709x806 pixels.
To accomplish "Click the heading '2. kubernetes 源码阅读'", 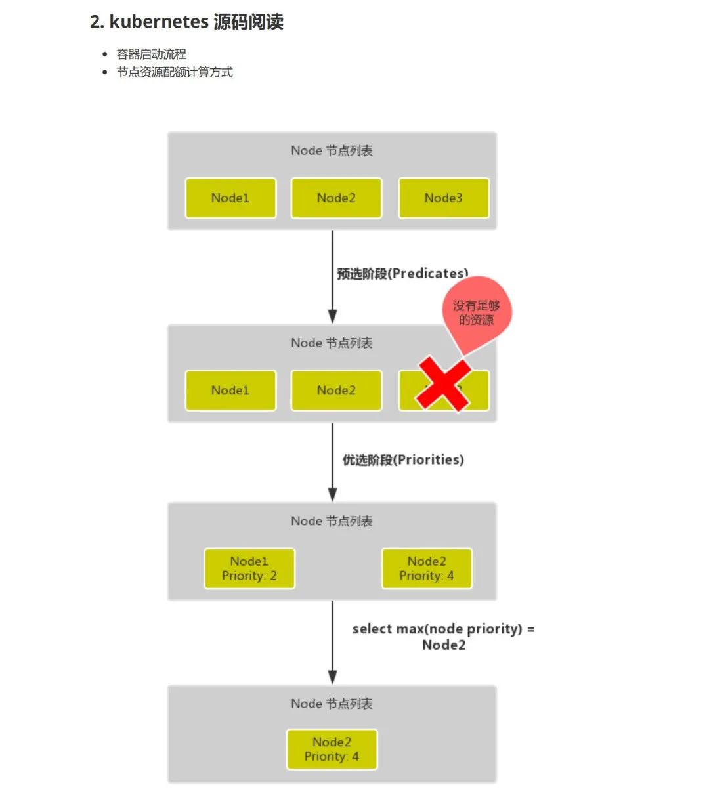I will [186, 22].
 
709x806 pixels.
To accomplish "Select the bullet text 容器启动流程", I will [152, 54].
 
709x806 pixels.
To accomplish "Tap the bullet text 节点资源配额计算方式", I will [175, 72].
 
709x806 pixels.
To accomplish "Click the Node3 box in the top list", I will [444, 198].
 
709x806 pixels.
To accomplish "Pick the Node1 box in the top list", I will [230, 198].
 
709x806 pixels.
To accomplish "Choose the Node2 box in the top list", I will [336, 198].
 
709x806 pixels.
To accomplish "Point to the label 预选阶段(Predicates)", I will [402, 273].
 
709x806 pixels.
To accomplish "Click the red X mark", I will [444, 384].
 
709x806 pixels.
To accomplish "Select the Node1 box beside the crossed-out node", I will [230, 390].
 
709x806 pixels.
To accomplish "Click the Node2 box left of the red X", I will [336, 390].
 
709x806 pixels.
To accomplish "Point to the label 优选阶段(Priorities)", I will [403, 459].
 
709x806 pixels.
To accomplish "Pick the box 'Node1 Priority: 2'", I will [249, 568].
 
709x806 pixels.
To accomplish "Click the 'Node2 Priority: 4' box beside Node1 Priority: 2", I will [427, 568].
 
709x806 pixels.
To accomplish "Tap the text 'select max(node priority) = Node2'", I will [444, 637].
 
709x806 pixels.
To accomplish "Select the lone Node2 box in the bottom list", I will [332, 749].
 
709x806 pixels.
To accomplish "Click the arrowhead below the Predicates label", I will [332, 315].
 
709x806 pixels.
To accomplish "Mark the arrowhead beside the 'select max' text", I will [332, 676].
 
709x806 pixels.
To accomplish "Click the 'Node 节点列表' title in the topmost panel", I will [332, 150].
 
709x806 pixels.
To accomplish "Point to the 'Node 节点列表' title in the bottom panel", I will [332, 704].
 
